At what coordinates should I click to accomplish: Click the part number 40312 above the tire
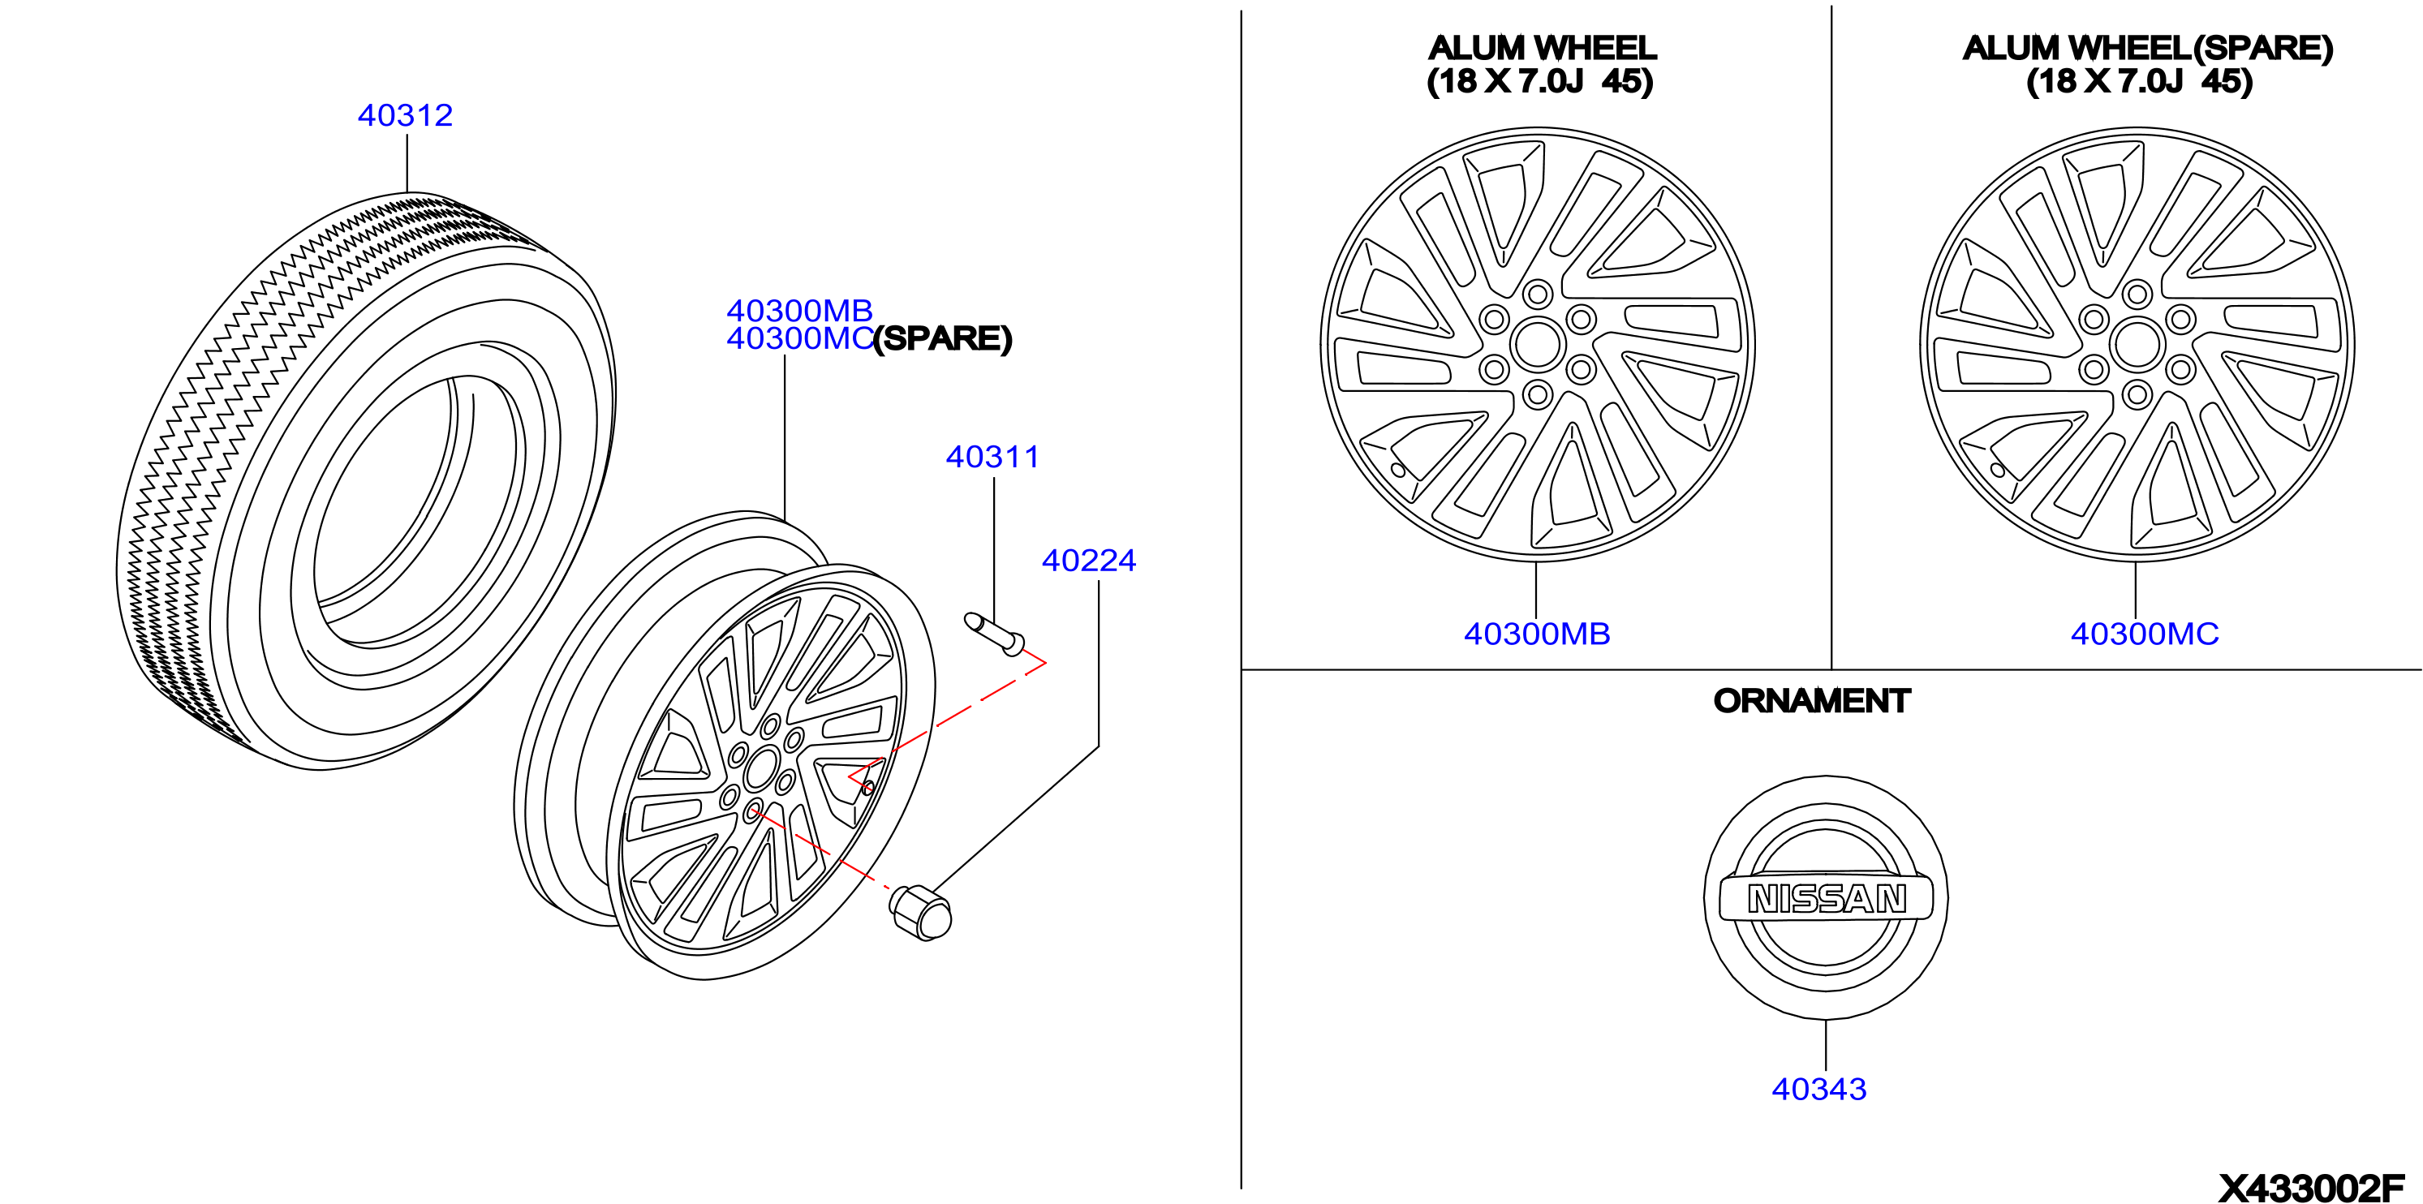[x=406, y=114]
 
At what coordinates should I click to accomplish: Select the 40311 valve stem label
[x=992, y=456]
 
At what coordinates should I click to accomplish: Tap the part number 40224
[x=1088, y=561]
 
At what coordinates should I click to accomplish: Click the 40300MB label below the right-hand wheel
[x=1537, y=634]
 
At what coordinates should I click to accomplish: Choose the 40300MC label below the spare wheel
[x=2145, y=634]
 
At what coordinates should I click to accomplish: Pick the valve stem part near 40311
[x=994, y=634]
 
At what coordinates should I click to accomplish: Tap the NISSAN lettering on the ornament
[x=1827, y=899]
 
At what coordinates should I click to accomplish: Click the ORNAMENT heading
[x=1812, y=701]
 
